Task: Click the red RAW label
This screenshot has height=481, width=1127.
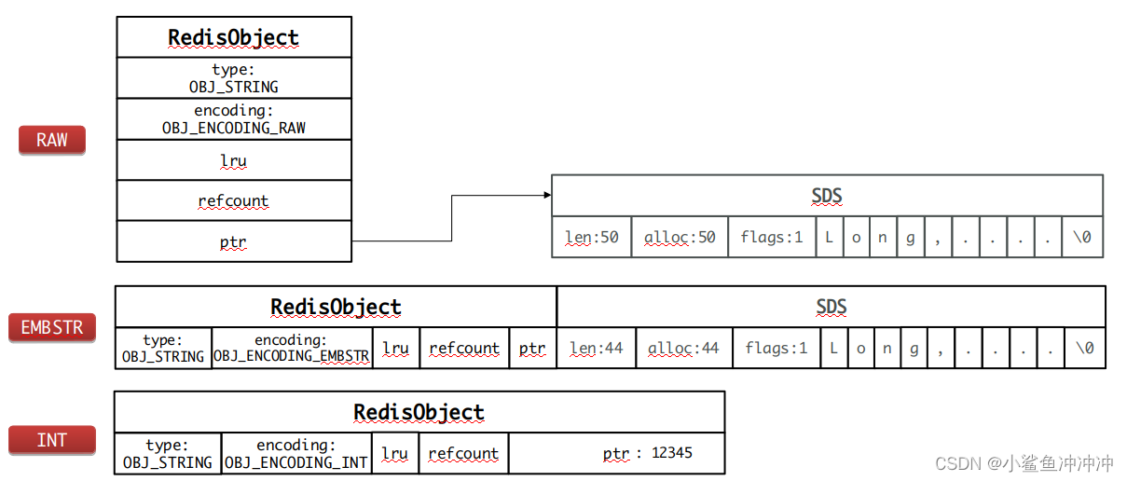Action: [52, 140]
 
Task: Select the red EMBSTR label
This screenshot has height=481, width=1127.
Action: [52, 328]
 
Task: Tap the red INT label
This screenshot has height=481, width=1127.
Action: [52, 440]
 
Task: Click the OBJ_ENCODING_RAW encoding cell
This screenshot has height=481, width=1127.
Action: [234, 119]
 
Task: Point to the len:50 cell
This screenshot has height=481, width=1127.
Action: [592, 238]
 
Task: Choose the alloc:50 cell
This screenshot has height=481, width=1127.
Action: [680, 238]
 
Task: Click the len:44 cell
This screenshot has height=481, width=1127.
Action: [597, 349]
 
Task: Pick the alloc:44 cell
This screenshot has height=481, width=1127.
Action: [684, 349]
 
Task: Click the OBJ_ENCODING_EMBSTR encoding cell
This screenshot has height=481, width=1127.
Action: [292, 349]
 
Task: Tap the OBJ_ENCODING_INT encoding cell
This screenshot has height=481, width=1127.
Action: [296, 454]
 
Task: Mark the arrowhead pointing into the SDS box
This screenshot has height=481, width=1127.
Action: [546, 196]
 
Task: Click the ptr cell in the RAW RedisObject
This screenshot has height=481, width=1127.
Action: [234, 242]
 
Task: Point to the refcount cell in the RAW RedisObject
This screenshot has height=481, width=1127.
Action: [234, 201]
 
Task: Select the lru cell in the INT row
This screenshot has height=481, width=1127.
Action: [395, 454]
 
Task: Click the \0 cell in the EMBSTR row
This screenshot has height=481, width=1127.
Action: [1085, 349]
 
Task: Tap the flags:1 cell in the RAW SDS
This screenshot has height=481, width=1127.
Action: [772, 238]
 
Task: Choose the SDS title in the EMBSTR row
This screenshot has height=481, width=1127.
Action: [831, 308]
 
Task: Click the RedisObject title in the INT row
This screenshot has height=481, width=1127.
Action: [419, 412]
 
